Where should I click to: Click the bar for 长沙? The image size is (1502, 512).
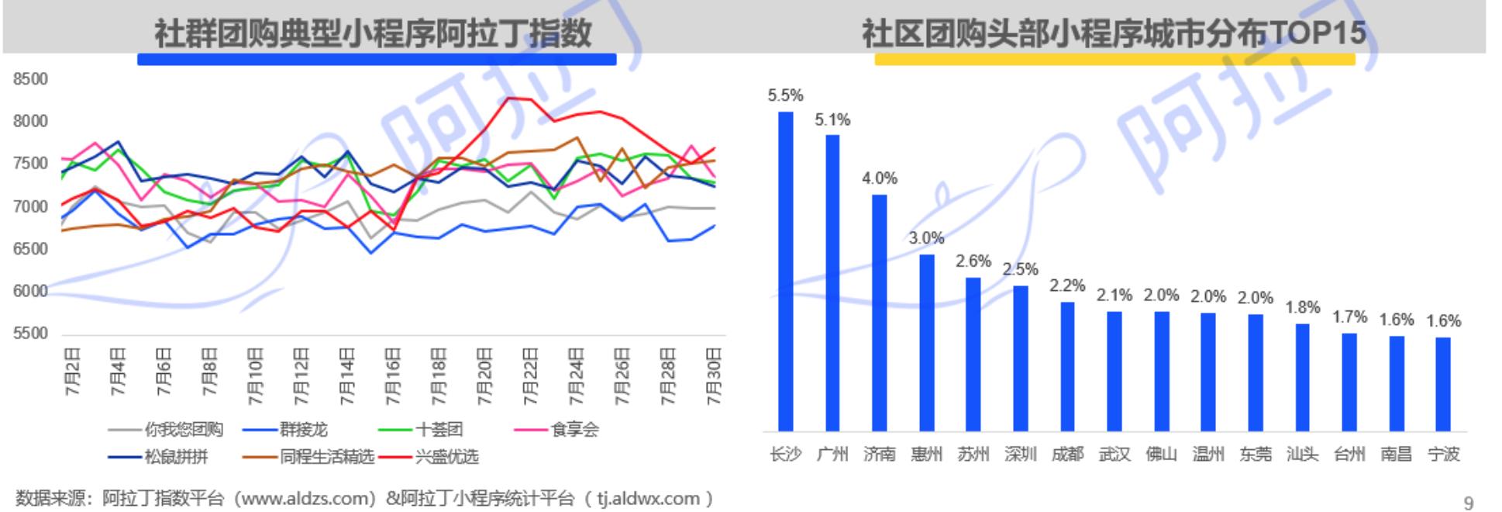pos(785,271)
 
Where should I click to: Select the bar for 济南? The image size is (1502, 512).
pos(879,313)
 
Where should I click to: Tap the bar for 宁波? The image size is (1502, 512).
pos(1442,384)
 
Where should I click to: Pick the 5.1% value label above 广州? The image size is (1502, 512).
pos(832,119)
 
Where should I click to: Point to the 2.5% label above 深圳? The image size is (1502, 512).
pos(1020,269)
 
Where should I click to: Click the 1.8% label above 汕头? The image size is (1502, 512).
pos(1302,307)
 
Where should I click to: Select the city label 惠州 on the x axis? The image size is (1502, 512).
pos(926,454)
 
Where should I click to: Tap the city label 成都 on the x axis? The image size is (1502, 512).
pos(1067,454)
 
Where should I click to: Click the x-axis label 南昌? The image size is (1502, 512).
pos(1396,454)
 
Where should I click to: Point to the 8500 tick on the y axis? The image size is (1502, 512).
pos(30,79)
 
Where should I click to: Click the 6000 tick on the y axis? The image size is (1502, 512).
pos(30,292)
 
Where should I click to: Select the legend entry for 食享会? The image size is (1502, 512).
pos(556,429)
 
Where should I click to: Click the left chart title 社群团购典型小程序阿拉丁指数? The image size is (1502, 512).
pos(374,33)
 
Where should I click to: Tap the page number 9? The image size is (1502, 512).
pos(1468,503)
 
